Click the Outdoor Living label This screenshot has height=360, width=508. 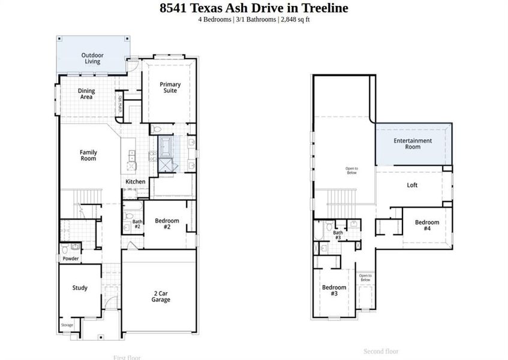92,58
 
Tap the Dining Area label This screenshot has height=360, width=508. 86,94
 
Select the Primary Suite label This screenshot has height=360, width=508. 170,88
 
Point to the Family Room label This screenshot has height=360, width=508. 88,155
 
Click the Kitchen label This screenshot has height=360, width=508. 135,181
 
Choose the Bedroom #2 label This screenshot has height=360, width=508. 167,224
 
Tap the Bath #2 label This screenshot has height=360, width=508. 137,224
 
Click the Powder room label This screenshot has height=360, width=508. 71,259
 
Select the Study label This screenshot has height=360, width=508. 80,288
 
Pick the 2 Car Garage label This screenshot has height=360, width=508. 160,296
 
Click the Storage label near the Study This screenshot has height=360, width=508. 67,325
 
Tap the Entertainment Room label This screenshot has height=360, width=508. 412,143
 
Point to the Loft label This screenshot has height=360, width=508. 412,185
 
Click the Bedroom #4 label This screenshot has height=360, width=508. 426,225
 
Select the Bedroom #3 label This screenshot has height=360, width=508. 333,290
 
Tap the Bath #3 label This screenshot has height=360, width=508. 338,235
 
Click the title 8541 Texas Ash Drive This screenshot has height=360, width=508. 253,8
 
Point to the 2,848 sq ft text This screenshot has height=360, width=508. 294,20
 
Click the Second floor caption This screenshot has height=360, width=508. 381,351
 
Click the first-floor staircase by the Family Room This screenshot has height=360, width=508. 89,196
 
